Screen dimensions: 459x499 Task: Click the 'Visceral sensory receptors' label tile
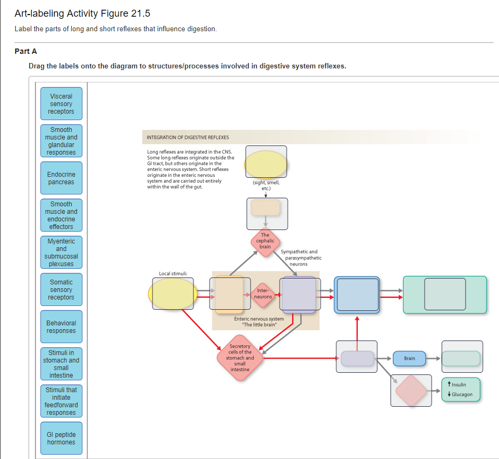(x=61, y=104)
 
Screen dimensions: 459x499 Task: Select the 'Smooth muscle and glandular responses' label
(x=61, y=141)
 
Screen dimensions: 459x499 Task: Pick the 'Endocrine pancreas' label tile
(x=61, y=178)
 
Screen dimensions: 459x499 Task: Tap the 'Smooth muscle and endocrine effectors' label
(x=61, y=215)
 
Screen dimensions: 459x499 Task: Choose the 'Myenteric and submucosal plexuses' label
(x=61, y=252)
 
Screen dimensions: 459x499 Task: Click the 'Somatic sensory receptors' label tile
(x=61, y=290)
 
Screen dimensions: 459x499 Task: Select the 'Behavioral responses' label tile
(x=61, y=327)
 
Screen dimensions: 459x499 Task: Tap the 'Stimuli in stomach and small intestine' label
(x=61, y=364)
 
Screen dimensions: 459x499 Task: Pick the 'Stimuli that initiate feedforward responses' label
(x=61, y=401)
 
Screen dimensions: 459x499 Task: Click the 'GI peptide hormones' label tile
(x=61, y=439)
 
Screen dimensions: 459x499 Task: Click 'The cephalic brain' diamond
(x=265, y=241)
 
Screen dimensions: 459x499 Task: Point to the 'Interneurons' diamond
(x=263, y=294)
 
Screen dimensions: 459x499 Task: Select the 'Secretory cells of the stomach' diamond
(x=240, y=358)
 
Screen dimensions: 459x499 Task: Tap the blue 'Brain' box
(x=410, y=358)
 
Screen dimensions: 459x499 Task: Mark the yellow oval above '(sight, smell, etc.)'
(x=266, y=164)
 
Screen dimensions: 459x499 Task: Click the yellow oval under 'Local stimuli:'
(x=172, y=294)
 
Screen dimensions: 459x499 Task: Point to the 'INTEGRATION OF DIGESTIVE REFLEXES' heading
(x=188, y=137)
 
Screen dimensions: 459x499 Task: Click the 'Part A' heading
(x=26, y=51)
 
